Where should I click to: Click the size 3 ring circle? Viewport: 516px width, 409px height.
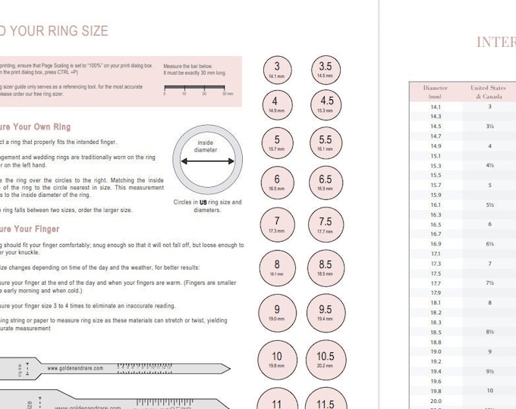point(277,70)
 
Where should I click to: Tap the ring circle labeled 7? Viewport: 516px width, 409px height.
point(277,223)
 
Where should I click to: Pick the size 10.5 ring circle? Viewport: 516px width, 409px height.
point(326,359)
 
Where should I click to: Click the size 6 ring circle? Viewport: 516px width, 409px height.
point(277,183)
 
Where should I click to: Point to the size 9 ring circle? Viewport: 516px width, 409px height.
point(277,313)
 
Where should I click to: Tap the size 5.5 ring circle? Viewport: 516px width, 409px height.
point(326,142)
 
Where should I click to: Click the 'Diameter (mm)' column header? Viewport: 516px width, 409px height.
point(436,92)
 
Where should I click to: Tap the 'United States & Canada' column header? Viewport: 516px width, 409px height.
point(488,92)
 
